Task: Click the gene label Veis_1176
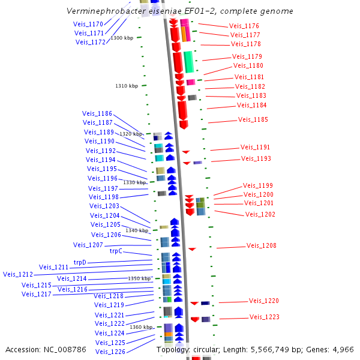[x=244, y=26]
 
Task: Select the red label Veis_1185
[x=253, y=119]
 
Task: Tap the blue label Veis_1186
[x=97, y=113]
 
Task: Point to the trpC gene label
[x=116, y=251]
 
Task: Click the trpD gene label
[x=80, y=262]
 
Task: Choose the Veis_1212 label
[x=18, y=274]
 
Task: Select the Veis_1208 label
[x=261, y=245]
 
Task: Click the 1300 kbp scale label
[x=122, y=38]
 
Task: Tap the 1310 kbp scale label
[x=127, y=86]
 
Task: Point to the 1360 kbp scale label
[x=141, y=327]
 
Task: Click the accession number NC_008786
[x=65, y=350]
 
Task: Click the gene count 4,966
[x=343, y=350]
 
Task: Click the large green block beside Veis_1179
[x=189, y=62]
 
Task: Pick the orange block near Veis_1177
[x=184, y=34]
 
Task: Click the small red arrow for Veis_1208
[x=192, y=249]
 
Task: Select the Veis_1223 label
[x=265, y=317]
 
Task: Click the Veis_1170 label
[x=88, y=24]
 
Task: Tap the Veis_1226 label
[x=110, y=352]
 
